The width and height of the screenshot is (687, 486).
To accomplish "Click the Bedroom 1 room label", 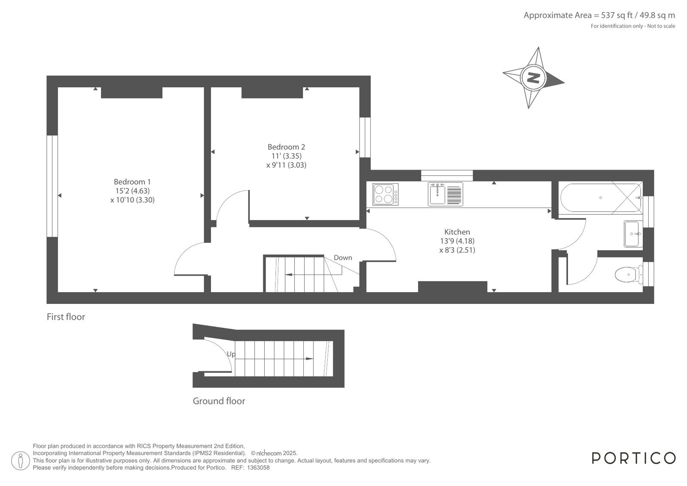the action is pyautogui.click(x=132, y=182).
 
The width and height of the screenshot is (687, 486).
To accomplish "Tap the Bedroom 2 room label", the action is pyautogui.click(x=286, y=147).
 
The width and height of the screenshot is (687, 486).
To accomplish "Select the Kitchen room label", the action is pyautogui.click(x=457, y=232).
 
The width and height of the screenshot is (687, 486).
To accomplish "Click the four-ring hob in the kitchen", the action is pyautogui.click(x=385, y=194).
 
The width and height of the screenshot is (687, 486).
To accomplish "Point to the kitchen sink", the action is pyautogui.click(x=445, y=194).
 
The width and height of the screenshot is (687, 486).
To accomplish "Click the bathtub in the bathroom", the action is pyautogui.click(x=601, y=198).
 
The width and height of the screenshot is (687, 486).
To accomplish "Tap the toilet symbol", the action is pyautogui.click(x=629, y=275).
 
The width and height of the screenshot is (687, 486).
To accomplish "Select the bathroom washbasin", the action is pyautogui.click(x=633, y=234).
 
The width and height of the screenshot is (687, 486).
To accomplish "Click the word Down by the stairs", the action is pyautogui.click(x=343, y=258).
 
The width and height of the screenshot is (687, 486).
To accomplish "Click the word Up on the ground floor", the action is pyautogui.click(x=231, y=355).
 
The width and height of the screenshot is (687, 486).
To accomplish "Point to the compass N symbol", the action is pyautogui.click(x=533, y=78).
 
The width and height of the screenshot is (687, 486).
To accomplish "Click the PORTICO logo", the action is pyautogui.click(x=633, y=458).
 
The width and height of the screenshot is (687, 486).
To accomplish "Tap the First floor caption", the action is pyautogui.click(x=66, y=317).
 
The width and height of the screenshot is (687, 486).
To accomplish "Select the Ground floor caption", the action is pyautogui.click(x=219, y=401).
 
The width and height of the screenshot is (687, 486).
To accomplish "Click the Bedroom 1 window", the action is pyautogui.click(x=52, y=186).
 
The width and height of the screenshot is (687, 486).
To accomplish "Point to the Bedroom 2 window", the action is pyautogui.click(x=365, y=138).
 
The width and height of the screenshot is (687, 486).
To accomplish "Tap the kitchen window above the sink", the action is pyautogui.click(x=447, y=175).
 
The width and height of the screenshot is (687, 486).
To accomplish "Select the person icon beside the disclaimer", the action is pyautogui.click(x=21, y=461).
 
